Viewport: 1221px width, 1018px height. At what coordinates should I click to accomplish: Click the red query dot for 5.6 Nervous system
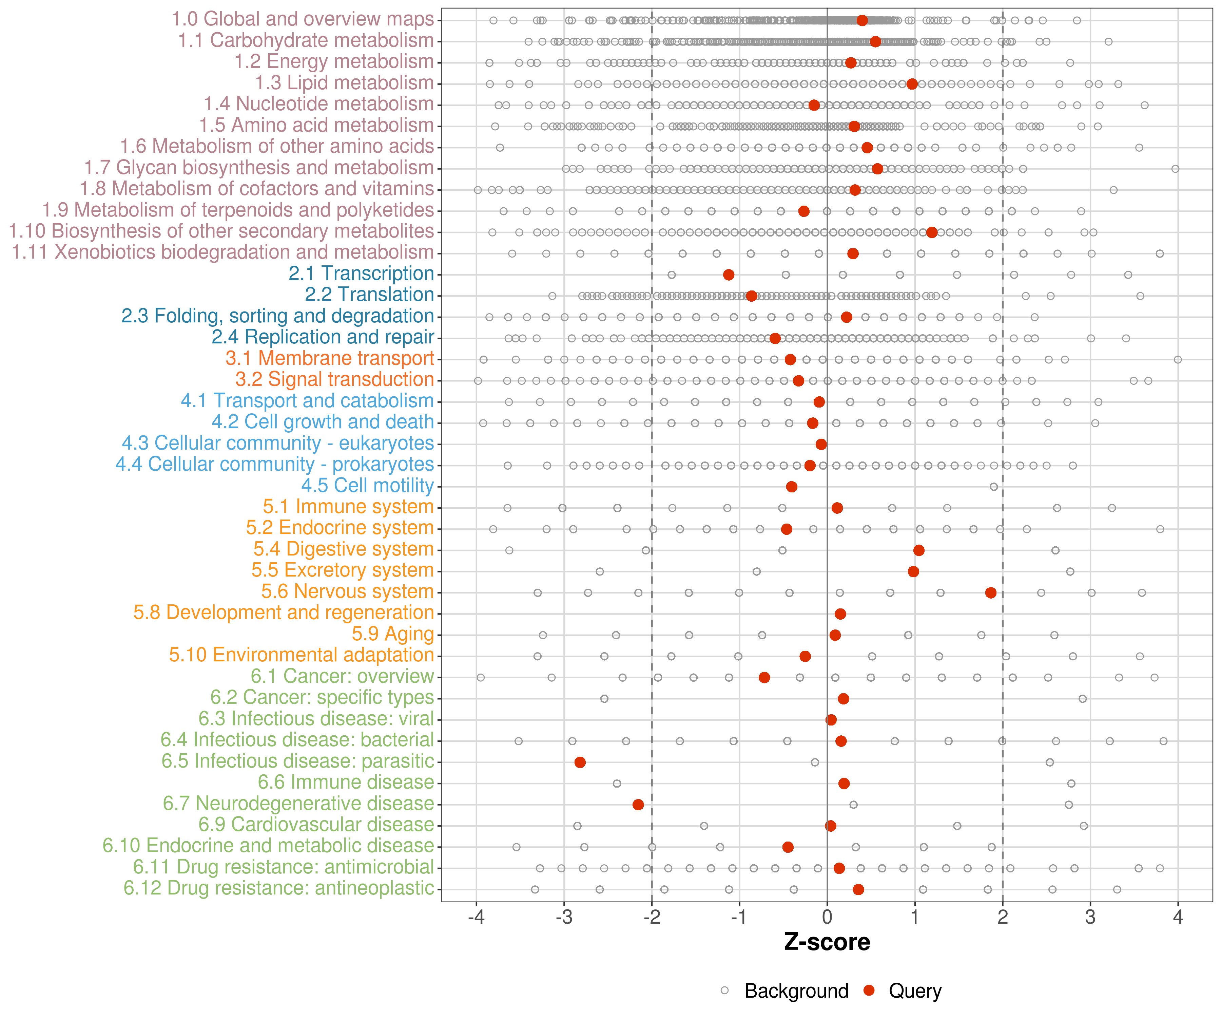coord(991,593)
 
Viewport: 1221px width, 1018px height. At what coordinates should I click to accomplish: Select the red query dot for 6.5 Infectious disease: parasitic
coord(580,762)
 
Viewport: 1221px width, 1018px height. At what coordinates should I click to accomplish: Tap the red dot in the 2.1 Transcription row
coord(729,275)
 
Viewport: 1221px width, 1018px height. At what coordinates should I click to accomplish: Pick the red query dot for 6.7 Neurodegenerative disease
coord(638,805)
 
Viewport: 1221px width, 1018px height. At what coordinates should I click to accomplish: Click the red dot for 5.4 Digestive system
coord(919,550)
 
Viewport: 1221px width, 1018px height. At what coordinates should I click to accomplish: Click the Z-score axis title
coord(827,942)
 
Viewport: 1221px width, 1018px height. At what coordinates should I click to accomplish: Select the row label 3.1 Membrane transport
coord(330,358)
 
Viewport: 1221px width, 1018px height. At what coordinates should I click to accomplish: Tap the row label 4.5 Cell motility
coord(367,486)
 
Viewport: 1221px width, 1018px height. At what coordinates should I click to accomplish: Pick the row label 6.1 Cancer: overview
coord(343,677)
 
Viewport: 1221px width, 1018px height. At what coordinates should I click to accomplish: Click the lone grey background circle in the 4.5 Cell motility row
coord(994,487)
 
